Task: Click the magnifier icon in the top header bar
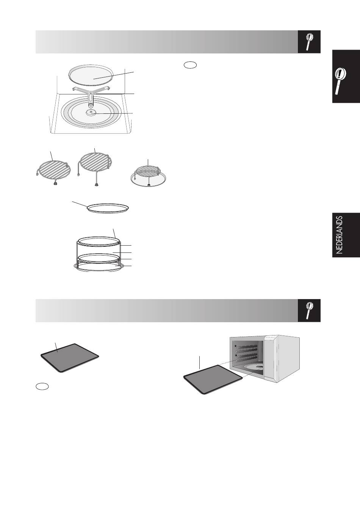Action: tap(309, 42)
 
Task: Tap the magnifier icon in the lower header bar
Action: tap(309, 310)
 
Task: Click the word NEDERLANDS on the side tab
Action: tap(340, 235)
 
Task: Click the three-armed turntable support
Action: tap(91, 95)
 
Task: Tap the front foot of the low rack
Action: tap(55, 183)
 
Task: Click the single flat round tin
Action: tap(108, 208)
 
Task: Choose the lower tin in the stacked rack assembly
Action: tap(99, 259)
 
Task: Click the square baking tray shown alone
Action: tap(70, 358)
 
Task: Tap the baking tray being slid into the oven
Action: tap(213, 379)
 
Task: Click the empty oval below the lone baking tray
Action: tap(42, 386)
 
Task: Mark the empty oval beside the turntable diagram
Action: tap(190, 65)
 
